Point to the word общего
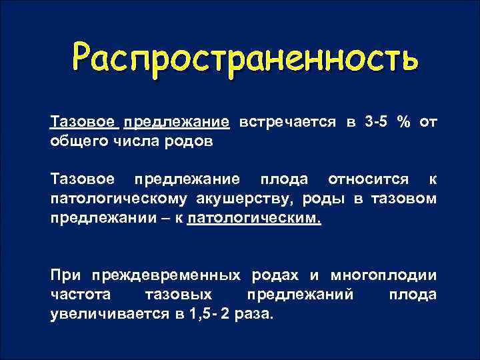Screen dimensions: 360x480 [75, 141]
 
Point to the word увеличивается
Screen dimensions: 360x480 [101, 314]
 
